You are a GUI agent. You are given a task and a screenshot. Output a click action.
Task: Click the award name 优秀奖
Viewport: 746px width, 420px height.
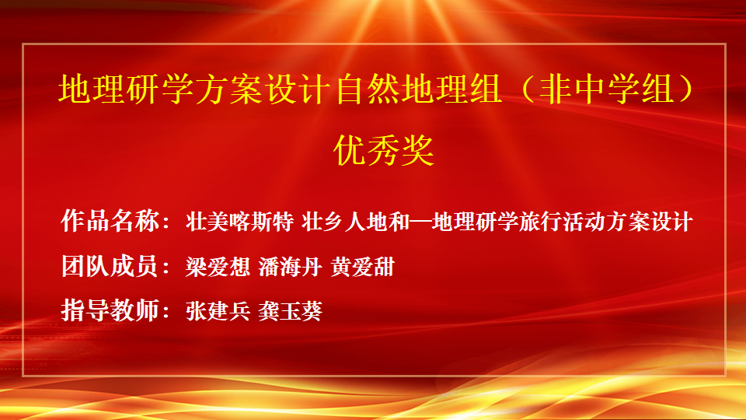(383, 150)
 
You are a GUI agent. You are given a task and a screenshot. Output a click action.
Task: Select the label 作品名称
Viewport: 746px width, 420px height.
(110, 221)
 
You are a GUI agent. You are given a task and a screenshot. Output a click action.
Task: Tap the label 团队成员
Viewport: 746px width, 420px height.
(110, 266)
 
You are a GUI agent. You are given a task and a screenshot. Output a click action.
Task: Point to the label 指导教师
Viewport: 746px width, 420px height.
(110, 310)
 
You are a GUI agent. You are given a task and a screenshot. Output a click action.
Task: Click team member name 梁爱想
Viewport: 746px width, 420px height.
(218, 267)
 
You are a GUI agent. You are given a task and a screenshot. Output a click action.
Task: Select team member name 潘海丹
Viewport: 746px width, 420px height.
(290, 267)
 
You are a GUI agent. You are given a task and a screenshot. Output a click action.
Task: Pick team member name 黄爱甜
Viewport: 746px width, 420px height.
(363, 267)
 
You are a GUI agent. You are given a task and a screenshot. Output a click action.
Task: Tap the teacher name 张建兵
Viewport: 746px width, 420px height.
(218, 311)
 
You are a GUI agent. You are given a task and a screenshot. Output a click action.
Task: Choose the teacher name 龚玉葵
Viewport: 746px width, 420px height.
(290, 311)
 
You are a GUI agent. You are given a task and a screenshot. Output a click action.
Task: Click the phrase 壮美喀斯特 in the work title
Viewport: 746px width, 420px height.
(239, 222)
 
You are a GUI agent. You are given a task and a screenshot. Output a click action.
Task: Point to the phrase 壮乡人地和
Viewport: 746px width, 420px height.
(355, 222)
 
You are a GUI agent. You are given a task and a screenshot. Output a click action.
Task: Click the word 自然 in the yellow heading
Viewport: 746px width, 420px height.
(367, 89)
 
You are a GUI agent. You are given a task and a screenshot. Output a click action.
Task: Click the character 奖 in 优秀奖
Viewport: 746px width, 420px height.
(418, 150)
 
